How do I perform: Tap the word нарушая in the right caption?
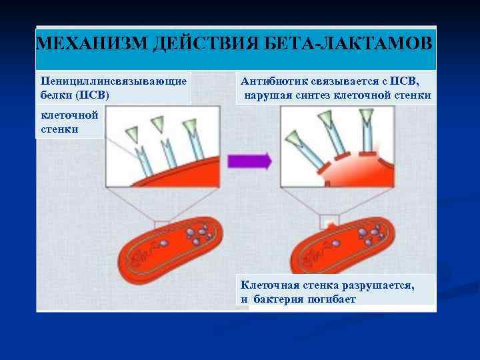point(263,95)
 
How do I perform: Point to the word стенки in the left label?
point(59,128)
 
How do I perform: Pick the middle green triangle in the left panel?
point(157,123)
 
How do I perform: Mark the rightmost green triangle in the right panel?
point(366,115)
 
